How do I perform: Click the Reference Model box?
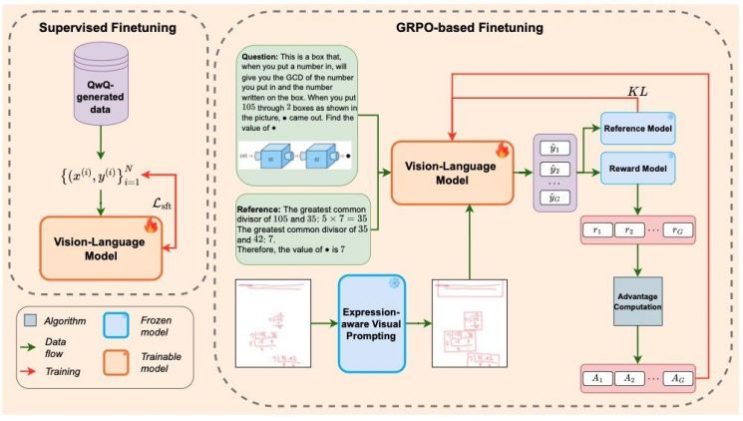(634, 130)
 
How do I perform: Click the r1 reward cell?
(601, 228)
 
